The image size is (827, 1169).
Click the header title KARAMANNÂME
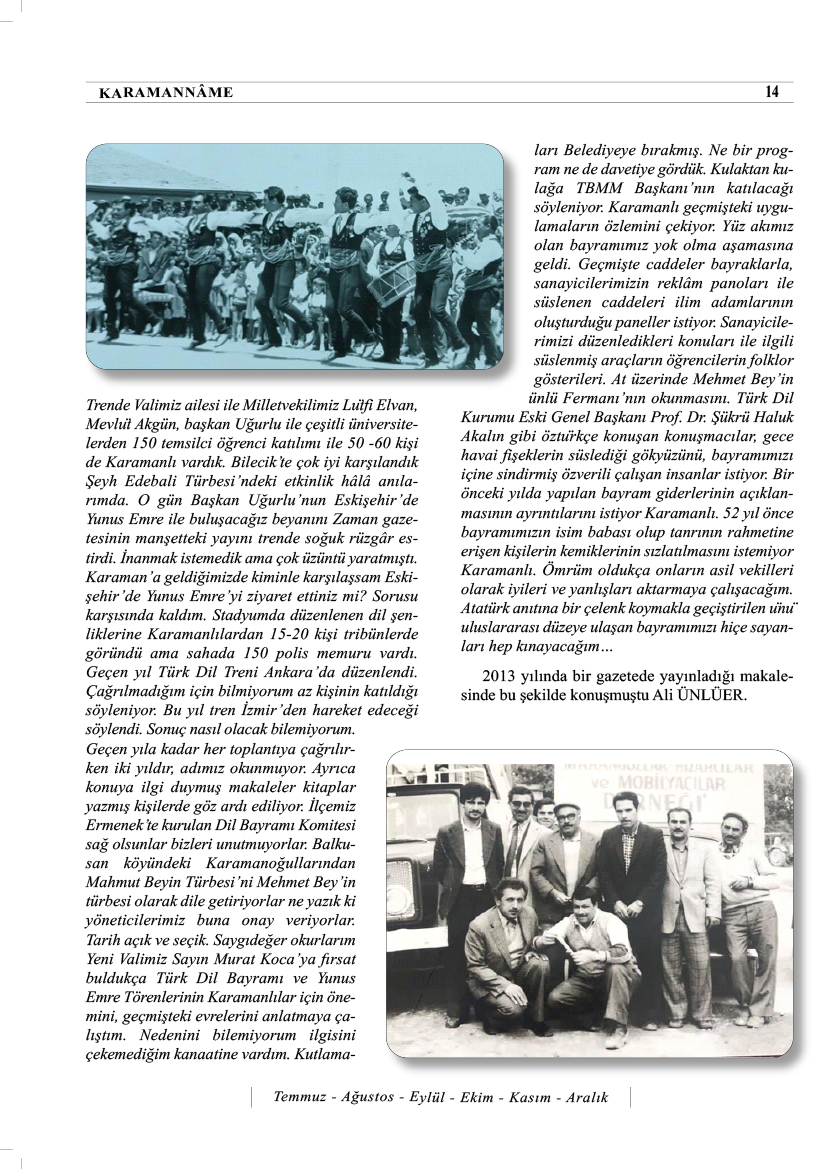point(166,93)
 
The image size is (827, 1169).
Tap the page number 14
point(771,92)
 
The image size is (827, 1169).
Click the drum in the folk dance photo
point(391,281)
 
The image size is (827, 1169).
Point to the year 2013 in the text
point(500,675)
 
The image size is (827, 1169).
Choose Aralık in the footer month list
point(588,1097)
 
